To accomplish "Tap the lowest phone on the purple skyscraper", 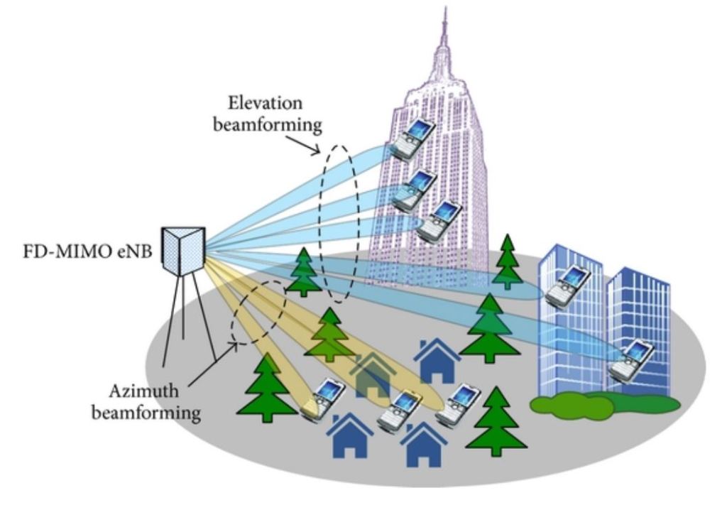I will pyautogui.click(x=439, y=220).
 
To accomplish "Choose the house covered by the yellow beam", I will pyautogui.click(x=369, y=373).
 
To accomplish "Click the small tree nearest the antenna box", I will pyautogui.click(x=304, y=272).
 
